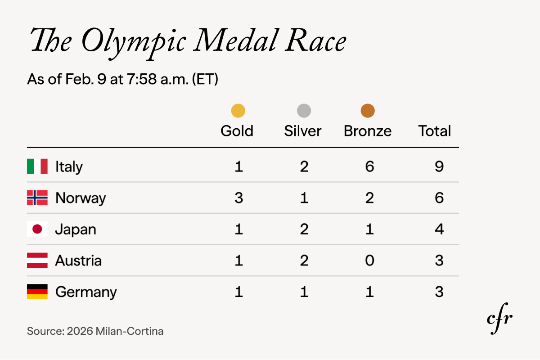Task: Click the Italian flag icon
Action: pyautogui.click(x=37, y=166)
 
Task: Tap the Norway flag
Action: pyautogui.click(x=37, y=198)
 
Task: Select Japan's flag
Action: pyautogui.click(x=37, y=229)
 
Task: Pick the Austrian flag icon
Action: pyautogui.click(x=37, y=261)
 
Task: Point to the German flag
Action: pyautogui.click(x=37, y=292)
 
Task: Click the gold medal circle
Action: pyautogui.click(x=238, y=111)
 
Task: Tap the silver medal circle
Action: pyautogui.click(x=304, y=111)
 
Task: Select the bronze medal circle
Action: pyautogui.click(x=368, y=111)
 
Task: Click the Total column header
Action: pyautogui.click(x=435, y=131)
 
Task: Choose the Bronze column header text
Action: pyautogui.click(x=368, y=131)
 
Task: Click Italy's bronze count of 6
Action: pyautogui.click(x=369, y=166)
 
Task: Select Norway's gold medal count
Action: pyautogui.click(x=238, y=198)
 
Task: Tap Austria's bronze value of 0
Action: pyautogui.click(x=369, y=261)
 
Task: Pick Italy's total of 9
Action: pyautogui.click(x=439, y=166)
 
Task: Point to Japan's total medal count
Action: pyautogui.click(x=439, y=229)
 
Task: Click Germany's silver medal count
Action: pyautogui.click(x=304, y=292)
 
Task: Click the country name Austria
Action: pyautogui.click(x=78, y=261)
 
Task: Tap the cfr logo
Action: pyautogui.click(x=499, y=319)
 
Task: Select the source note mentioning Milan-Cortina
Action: pyautogui.click(x=95, y=332)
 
